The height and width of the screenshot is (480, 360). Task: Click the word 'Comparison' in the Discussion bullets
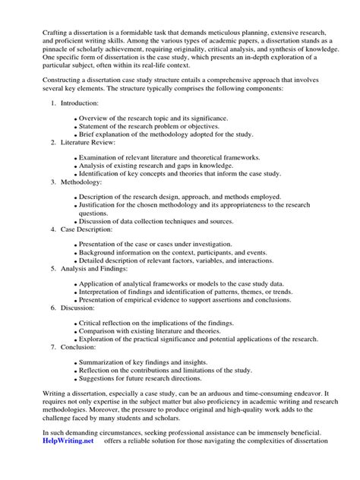(x=99, y=332)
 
